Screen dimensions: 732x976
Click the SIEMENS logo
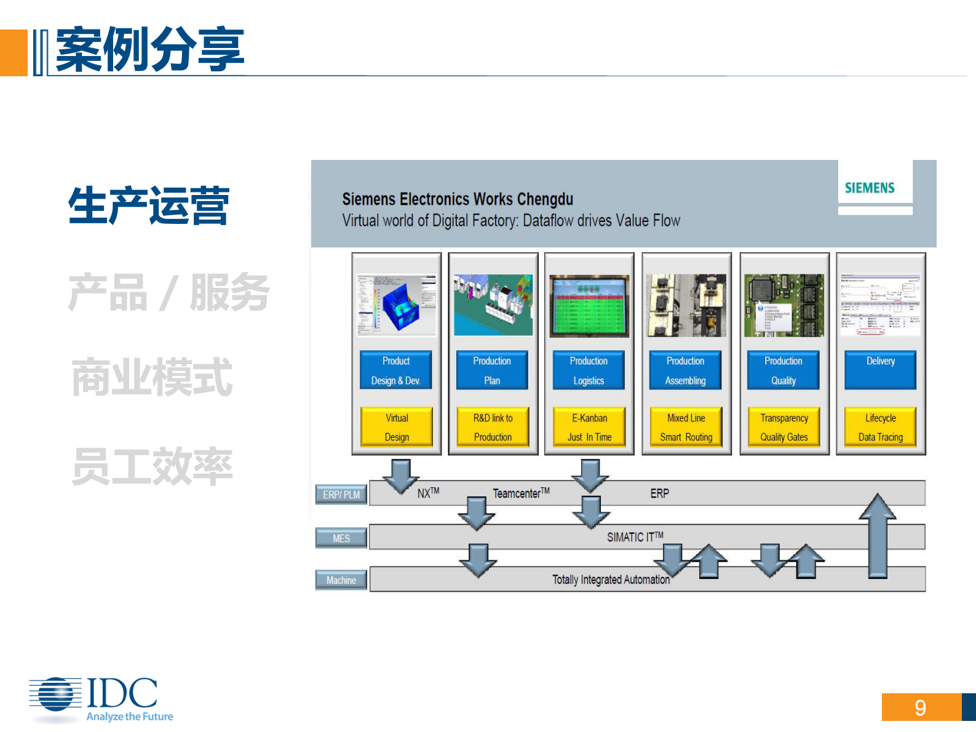tap(869, 188)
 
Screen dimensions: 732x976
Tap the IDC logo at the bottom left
tap(98, 698)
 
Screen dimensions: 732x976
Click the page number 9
tap(920, 707)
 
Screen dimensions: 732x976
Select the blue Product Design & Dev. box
tap(396, 370)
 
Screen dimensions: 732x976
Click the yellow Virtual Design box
tap(397, 427)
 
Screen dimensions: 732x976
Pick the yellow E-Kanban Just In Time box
tap(589, 427)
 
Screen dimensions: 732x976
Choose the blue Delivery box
tap(880, 370)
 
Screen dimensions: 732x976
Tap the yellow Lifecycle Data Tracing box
tap(880, 427)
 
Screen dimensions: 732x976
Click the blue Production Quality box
tap(783, 370)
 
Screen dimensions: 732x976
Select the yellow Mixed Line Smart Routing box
tap(686, 427)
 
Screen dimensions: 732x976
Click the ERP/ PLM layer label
tap(341, 495)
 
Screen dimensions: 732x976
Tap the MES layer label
tap(341, 538)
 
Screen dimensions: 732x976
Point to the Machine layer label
tap(341, 580)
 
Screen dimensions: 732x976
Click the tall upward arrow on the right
tap(878, 535)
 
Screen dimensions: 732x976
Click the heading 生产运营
tap(149, 206)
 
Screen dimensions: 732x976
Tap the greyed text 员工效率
tap(152, 467)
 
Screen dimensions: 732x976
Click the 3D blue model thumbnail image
tap(397, 305)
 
